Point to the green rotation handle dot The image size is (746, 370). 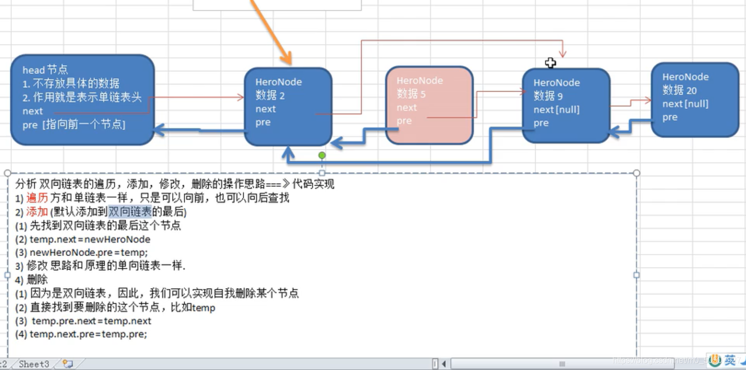[x=322, y=155]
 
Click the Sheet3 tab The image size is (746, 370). [x=34, y=364]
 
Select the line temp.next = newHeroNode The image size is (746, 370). [x=90, y=239]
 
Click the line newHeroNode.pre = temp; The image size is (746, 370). [x=89, y=252]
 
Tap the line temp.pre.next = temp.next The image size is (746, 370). [x=91, y=321]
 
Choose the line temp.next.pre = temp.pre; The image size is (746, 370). [x=88, y=334]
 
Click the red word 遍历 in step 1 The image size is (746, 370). [x=37, y=198]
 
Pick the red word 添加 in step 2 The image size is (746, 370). [x=37, y=212]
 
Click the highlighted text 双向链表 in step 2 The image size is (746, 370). [x=130, y=212]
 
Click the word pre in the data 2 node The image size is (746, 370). [x=263, y=123]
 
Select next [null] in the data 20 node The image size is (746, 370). [x=685, y=104]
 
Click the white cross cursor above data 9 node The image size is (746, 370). [x=550, y=63]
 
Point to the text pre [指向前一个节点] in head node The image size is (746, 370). [x=74, y=124]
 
